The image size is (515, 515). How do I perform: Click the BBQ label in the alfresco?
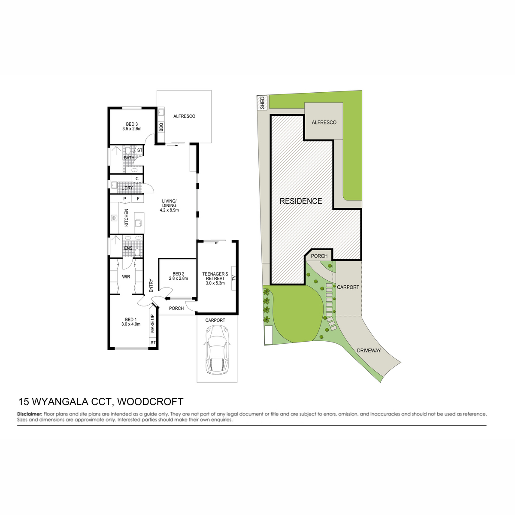pyautogui.click(x=161, y=127)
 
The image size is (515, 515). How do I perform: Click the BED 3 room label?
pyautogui.click(x=132, y=124)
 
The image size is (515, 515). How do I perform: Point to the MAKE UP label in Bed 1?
pyautogui.click(x=152, y=324)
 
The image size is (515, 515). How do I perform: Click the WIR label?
pyautogui.click(x=126, y=277)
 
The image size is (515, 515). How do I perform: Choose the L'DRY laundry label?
pyautogui.click(x=127, y=188)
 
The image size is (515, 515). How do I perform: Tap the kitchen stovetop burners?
pyautogui.click(x=114, y=218)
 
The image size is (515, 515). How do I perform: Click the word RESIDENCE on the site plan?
pyautogui.click(x=301, y=201)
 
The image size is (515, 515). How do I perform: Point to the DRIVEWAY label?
pyautogui.click(x=369, y=350)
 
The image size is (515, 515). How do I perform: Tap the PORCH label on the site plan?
pyautogui.click(x=319, y=256)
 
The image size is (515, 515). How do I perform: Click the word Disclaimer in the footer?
pyautogui.click(x=30, y=414)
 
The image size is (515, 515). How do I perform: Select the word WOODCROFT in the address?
pyautogui.click(x=150, y=402)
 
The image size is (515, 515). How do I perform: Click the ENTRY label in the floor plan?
pyautogui.click(x=151, y=285)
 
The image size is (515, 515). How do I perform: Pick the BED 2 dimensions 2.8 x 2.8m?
pyautogui.click(x=178, y=278)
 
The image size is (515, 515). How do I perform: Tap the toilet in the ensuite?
pyautogui.click(x=137, y=252)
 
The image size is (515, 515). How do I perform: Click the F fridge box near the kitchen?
pyautogui.click(x=138, y=199)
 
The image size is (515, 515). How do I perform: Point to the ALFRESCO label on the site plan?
pyautogui.click(x=324, y=122)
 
